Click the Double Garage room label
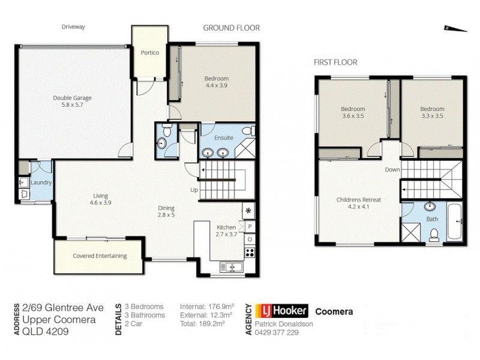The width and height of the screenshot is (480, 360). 72,98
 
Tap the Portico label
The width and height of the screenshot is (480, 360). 150,53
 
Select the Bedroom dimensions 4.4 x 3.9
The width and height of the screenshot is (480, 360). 216,86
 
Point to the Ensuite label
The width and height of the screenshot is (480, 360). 224,137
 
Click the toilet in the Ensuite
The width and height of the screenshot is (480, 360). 248,131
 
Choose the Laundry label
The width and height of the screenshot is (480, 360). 41,182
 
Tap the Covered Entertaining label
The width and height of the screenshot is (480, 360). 100,256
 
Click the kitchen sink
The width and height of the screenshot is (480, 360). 230,267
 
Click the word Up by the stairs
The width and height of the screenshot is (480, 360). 194,190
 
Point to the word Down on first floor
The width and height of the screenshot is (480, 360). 392,170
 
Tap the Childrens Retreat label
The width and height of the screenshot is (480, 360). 361,200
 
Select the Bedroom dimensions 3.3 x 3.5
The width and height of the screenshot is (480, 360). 432,116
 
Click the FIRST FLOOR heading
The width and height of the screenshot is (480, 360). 335,62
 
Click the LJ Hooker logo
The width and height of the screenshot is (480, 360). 281,311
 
